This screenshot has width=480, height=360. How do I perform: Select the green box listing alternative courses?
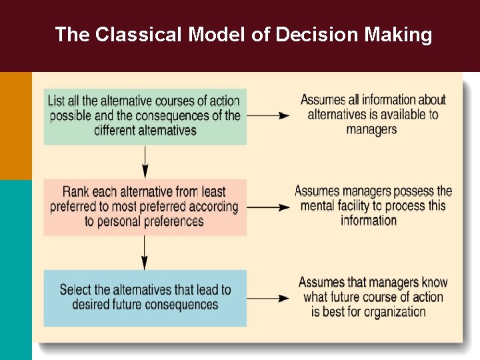[145, 116]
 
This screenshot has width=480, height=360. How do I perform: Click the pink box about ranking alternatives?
[145, 207]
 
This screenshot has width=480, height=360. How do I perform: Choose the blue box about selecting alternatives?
[145, 297]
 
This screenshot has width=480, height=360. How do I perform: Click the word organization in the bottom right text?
[393, 312]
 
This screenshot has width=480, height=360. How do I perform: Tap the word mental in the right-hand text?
[321, 205]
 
